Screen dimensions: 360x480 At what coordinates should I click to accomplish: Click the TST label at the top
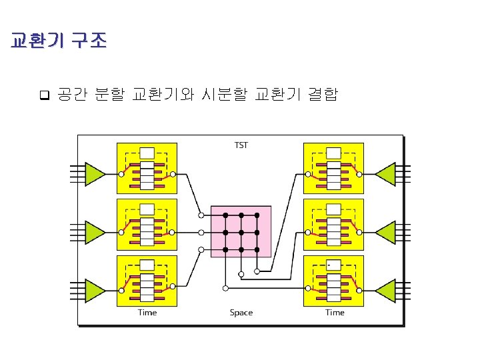[x=241, y=145]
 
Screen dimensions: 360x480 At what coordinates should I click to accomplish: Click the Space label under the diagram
[x=241, y=313]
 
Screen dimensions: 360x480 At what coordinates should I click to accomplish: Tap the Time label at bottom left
[x=147, y=313]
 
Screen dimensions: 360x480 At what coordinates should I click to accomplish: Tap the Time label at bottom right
[x=335, y=313]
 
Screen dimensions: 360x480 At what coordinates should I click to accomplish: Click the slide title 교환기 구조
[x=59, y=41]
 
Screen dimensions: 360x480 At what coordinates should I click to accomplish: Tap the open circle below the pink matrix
[x=225, y=288]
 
